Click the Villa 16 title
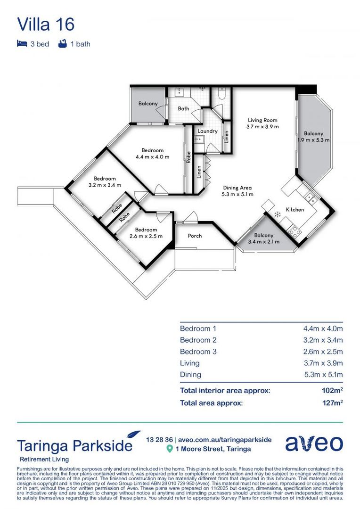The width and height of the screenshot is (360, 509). coord(46,24)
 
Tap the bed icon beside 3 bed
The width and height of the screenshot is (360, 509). coord(22,44)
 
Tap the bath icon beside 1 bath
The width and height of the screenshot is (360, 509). coord(62,44)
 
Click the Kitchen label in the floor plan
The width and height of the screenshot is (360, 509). coord(295,209)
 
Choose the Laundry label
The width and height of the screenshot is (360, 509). coord(207,131)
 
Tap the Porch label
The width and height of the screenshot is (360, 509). coord(195,236)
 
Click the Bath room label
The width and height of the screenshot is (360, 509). coord(183,109)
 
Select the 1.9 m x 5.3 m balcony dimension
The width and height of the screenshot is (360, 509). coord(313,140)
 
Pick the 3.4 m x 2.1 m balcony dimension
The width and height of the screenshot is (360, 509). coord(264,242)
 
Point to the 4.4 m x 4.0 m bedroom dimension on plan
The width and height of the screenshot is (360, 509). coord(152,157)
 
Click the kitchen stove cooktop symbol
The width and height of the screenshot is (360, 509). coord(296,230)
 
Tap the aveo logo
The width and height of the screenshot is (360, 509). coord(314,443)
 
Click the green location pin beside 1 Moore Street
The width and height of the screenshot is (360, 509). coord(170,449)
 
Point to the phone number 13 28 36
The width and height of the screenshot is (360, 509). coord(159,439)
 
